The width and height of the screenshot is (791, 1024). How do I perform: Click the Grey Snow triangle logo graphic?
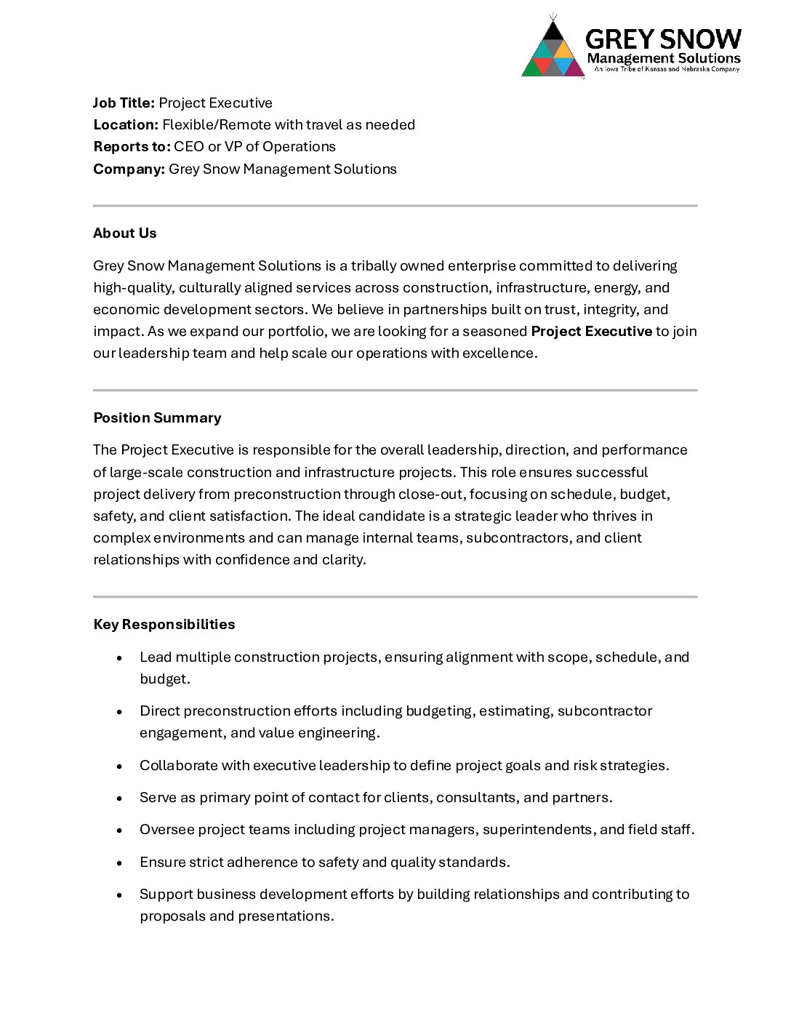click(553, 49)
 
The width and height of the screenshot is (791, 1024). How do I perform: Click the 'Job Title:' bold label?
click(124, 103)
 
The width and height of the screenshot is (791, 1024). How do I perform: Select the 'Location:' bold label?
click(126, 125)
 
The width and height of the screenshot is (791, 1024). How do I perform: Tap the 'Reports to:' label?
click(132, 147)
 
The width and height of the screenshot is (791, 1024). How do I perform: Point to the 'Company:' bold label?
click(129, 169)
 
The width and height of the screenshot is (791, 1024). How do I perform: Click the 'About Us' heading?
click(125, 233)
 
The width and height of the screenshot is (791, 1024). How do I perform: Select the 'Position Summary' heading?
click(157, 418)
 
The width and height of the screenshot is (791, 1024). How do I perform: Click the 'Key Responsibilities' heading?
click(164, 625)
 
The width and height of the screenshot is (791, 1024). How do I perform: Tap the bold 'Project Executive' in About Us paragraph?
click(591, 332)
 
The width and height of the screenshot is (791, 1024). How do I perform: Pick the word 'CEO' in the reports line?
click(189, 147)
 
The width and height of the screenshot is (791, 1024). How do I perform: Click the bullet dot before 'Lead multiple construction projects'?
click(119, 658)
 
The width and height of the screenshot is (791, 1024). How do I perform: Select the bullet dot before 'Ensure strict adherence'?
click(119, 863)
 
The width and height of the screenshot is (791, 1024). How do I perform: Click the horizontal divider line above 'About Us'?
click(395, 206)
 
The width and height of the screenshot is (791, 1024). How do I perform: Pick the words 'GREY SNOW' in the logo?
click(663, 39)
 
